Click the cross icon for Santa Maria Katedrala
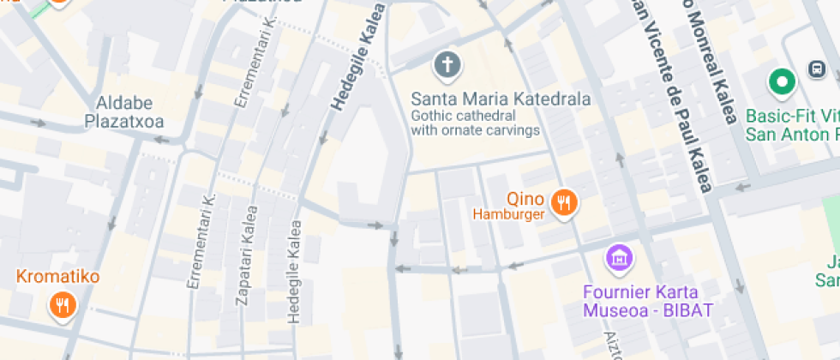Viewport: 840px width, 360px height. [x=447, y=63]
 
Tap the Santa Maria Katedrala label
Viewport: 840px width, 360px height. [x=501, y=99]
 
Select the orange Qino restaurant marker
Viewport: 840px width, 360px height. [x=564, y=202]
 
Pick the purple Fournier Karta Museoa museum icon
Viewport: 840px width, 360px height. [x=618, y=256]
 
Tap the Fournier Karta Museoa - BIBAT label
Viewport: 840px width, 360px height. [x=649, y=300]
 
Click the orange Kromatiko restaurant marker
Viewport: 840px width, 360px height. [x=62, y=305]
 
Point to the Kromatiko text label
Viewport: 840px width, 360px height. [x=58, y=277]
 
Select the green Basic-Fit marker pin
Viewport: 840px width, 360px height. [x=781, y=82]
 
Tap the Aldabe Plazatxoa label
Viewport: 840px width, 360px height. [x=124, y=112]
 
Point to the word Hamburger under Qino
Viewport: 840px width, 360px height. [x=509, y=214]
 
